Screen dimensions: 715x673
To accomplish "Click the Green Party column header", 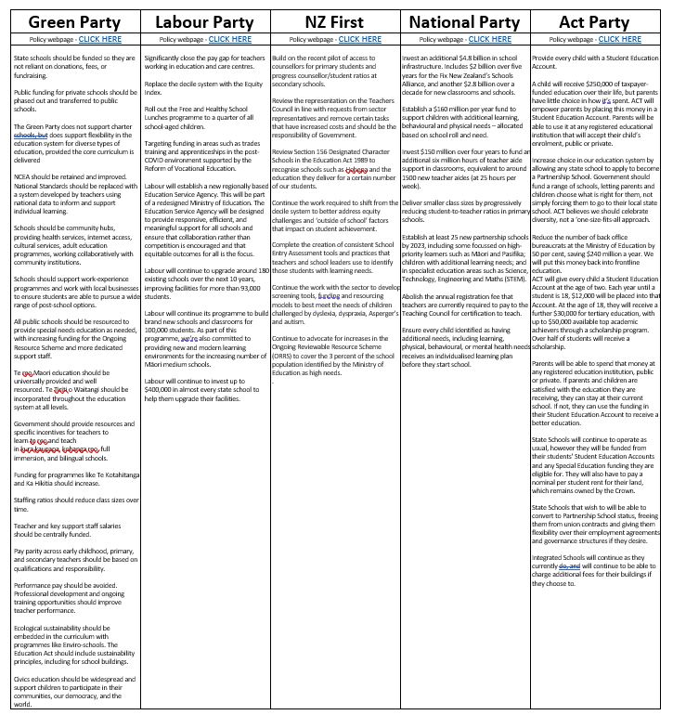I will [x=71, y=21].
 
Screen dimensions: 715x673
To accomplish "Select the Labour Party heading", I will [x=204, y=21].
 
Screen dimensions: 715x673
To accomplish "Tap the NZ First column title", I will [x=335, y=21].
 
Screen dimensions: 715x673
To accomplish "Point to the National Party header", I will [x=464, y=21].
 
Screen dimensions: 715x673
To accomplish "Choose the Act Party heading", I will [x=594, y=21].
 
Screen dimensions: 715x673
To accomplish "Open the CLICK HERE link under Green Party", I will [x=100, y=40].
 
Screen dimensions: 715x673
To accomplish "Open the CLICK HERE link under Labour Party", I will [x=229, y=40].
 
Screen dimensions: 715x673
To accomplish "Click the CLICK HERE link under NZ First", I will [x=359, y=40].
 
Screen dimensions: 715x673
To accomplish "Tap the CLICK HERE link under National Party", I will [x=489, y=40].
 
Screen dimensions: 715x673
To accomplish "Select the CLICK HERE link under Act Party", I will [x=619, y=40].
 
